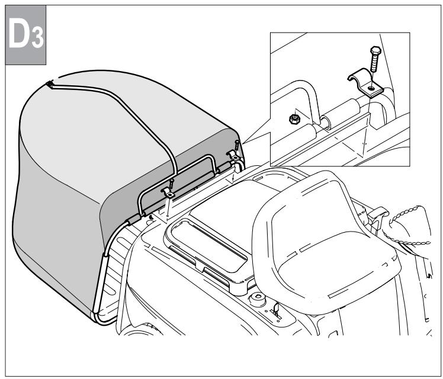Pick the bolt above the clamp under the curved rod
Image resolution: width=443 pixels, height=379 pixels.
click(171, 183)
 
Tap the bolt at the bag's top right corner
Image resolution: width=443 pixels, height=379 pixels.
click(237, 144)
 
